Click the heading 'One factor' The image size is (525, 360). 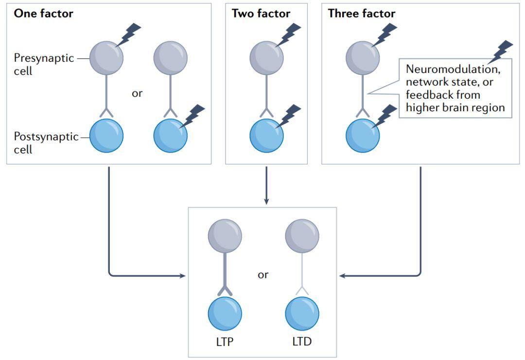pos(43,14)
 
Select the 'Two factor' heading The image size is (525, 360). pos(261,14)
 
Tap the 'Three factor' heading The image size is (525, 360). pos(361,14)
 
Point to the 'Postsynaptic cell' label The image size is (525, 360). pos(46,143)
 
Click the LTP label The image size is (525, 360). pos(225,342)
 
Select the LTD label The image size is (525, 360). pos(302,342)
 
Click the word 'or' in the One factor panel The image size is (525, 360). pos(137,93)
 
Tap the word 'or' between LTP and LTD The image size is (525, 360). pos(263,275)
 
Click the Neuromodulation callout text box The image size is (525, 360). pos(455,88)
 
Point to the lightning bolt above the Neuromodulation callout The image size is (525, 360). pos(502,51)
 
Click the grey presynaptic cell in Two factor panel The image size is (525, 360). pos(266,58)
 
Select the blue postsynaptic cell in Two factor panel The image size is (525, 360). pos(266,136)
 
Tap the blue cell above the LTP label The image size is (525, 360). pos(225,314)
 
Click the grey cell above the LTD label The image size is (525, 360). pos(302,236)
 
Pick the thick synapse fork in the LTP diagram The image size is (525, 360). pos(225,290)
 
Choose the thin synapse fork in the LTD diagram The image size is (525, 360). pos(302,290)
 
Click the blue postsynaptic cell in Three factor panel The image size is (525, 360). pos(363,136)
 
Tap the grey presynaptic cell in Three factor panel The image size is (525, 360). pos(363,58)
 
